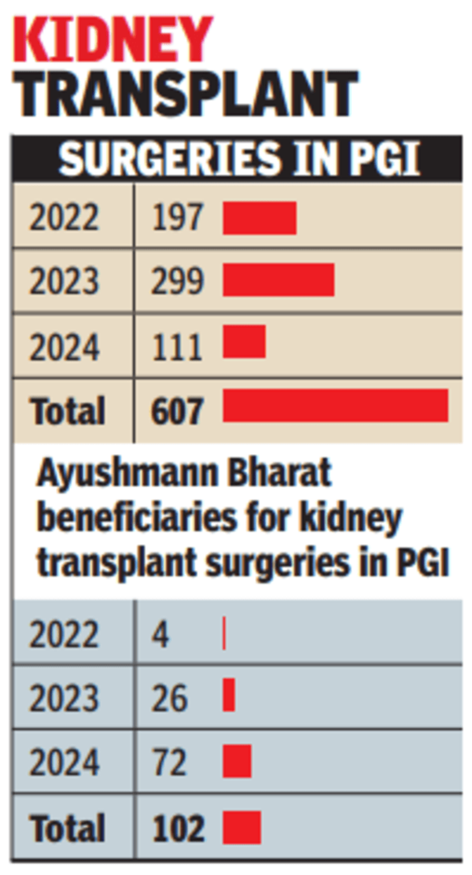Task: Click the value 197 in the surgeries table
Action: click(x=177, y=218)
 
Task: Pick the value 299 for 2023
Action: click(x=178, y=281)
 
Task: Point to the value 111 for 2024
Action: click(x=177, y=346)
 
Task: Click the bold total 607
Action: click(x=178, y=411)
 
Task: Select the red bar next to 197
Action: click(x=260, y=218)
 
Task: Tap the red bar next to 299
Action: click(x=278, y=281)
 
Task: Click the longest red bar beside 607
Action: click(x=336, y=405)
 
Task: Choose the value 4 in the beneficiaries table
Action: click(x=160, y=634)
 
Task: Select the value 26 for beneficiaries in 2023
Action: click(x=169, y=698)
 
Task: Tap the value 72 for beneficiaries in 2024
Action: click(x=169, y=762)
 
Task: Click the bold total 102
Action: click(x=178, y=829)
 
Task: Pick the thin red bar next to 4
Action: click(x=224, y=633)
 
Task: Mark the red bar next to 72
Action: click(x=237, y=762)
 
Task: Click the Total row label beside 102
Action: click(x=67, y=829)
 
